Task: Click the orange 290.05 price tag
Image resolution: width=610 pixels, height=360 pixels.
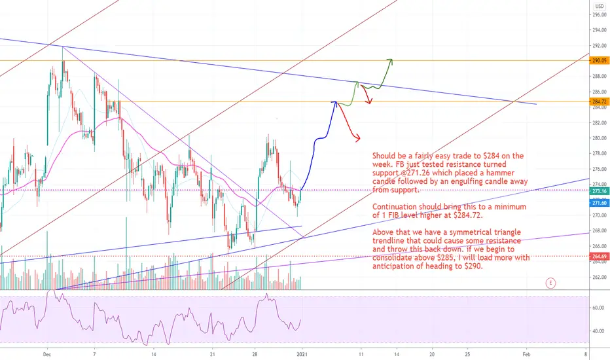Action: tap(600, 61)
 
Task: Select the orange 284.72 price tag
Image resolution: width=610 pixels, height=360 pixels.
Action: tap(600, 102)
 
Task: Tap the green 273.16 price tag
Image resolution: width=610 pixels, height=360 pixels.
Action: tap(600, 191)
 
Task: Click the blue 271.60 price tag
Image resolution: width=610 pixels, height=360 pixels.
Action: tap(600, 203)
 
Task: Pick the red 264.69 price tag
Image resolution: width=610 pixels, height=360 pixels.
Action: tap(600, 257)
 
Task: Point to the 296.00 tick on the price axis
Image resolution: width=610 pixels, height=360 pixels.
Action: tap(600, 15)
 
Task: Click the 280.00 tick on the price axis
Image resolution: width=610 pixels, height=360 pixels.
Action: tap(600, 138)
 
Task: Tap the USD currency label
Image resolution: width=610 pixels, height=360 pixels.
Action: tap(600, 7)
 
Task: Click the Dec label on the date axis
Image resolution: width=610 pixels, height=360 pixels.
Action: tap(47, 354)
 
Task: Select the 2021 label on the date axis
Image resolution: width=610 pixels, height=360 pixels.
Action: tap(302, 354)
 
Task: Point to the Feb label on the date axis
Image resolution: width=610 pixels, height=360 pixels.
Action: tap(526, 354)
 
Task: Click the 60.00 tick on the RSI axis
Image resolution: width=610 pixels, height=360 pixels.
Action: tap(598, 308)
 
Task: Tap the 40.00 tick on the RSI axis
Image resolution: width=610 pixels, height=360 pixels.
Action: tap(598, 331)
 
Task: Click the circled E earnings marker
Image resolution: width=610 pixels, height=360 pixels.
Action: tap(550, 283)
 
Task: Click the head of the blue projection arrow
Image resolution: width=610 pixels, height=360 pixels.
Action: tap(334, 103)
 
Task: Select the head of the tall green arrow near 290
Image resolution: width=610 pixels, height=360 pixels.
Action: tap(390, 60)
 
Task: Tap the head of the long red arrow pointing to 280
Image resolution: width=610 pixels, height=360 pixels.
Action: tap(358, 138)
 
